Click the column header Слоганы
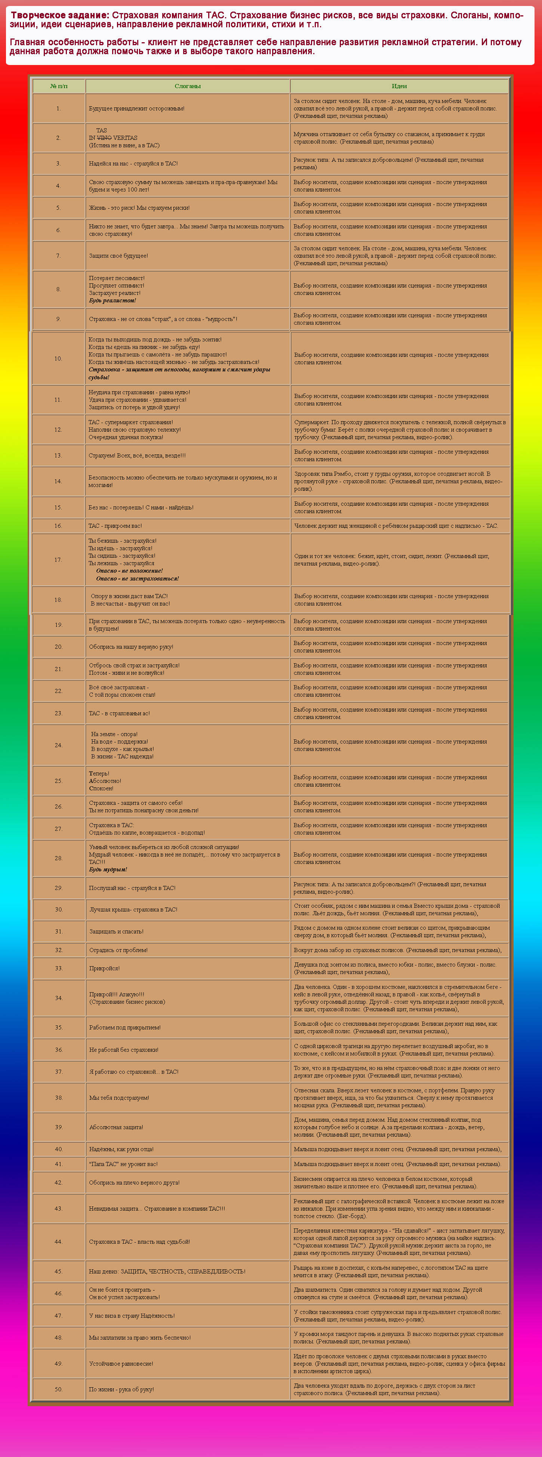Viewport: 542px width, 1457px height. pos(187,86)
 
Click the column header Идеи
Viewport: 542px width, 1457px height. pos(399,86)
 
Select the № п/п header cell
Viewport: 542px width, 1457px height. pos(59,86)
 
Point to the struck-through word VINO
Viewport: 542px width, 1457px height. pos(104,138)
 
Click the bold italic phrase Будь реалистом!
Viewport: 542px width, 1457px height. pos(112,301)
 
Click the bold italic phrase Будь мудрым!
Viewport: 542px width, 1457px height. pos(108,870)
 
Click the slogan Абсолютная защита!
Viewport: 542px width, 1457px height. pos(116,1127)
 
